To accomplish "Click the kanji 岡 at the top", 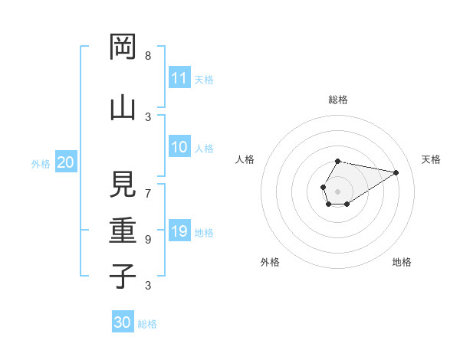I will (122, 47).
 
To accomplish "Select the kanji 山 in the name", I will (122, 106).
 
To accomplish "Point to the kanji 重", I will (122, 230).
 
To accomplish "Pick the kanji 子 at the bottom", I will (122, 276).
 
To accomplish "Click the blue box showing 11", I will (179, 78).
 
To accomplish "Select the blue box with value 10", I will (179, 148).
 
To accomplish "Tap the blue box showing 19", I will (179, 232).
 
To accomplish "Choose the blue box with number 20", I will (65, 162).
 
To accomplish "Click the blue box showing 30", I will (123, 322).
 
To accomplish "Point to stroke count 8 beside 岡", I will (148, 56).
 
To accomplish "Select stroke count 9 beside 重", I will (148, 240).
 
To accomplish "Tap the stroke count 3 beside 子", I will (148, 286).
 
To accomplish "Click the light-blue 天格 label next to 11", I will (204, 79).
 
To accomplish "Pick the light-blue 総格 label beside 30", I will (147, 324).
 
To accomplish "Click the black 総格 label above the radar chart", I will (337, 100).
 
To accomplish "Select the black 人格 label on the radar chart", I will (245, 159).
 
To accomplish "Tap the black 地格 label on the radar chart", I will (402, 262).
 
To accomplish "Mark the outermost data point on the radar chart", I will (396, 172).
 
